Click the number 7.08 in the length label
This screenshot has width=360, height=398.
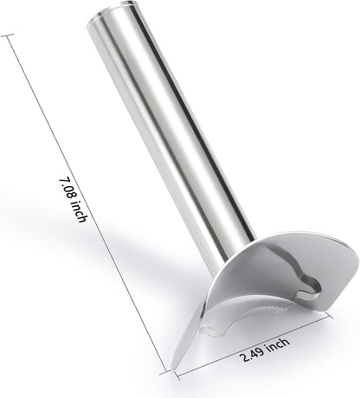click(x=67, y=189)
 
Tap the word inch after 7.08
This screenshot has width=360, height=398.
click(x=79, y=212)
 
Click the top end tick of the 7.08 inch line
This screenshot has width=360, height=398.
click(x=7, y=35)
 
